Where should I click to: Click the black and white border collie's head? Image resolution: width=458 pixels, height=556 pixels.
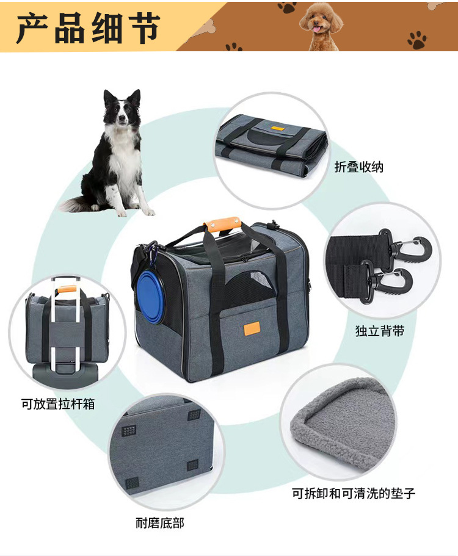[x=123, y=108]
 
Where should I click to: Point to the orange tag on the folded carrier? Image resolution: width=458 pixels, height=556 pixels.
[x=281, y=129]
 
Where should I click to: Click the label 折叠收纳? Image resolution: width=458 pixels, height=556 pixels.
[x=359, y=167]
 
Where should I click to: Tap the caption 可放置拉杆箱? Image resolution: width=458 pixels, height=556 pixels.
[x=58, y=403]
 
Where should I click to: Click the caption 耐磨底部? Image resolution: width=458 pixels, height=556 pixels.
[x=159, y=522]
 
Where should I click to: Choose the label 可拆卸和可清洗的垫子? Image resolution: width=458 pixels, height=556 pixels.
[x=353, y=493]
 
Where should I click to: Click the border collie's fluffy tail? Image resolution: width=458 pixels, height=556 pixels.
[x=76, y=204]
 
